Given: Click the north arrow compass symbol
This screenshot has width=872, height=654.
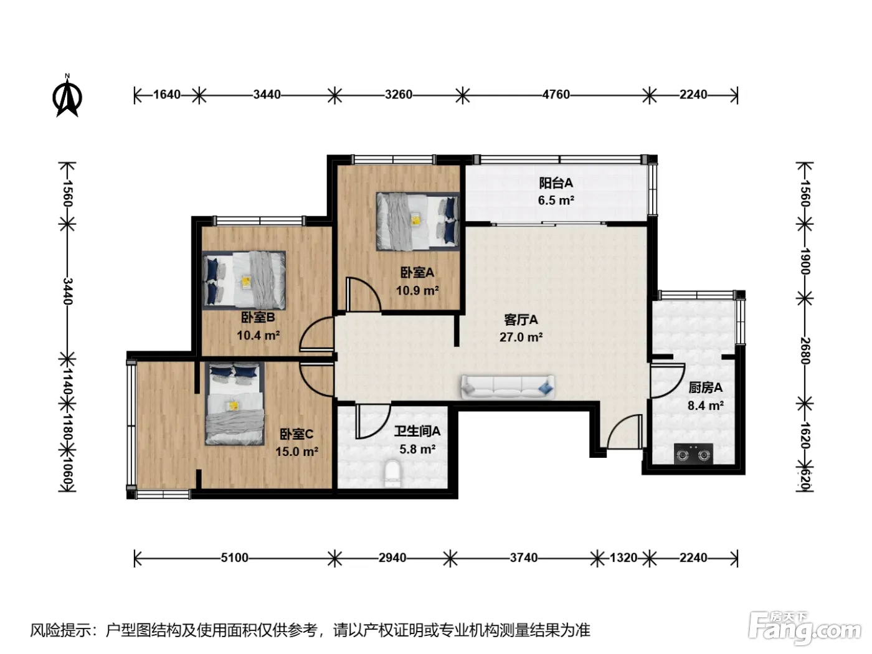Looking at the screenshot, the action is (67, 96).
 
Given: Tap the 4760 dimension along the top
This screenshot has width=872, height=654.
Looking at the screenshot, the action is (556, 95).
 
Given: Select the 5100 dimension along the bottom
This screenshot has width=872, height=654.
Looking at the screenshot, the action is (234, 558).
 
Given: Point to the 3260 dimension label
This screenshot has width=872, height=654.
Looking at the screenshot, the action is (399, 95).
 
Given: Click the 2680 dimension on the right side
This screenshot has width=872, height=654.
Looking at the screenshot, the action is (805, 351).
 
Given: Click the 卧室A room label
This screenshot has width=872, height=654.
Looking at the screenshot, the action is (417, 273).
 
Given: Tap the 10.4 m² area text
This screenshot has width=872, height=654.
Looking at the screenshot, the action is (258, 336).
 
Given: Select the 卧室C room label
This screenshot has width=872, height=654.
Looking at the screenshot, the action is (296, 434).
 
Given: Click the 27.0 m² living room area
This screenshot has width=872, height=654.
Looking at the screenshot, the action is (521, 337).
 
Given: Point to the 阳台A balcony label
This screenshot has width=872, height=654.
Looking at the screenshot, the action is (556, 183).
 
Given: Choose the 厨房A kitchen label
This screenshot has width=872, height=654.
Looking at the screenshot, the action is (706, 387).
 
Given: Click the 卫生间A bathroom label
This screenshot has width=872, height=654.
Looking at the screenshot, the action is (417, 431).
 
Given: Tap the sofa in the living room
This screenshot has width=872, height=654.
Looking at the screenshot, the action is (508, 387).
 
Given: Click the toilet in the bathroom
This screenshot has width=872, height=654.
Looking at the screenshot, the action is (393, 474).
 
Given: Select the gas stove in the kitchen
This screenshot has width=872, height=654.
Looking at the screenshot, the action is (693, 454).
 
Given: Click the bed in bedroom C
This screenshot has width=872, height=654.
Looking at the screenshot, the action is (235, 404).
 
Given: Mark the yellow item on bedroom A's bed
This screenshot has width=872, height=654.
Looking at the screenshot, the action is (416, 219).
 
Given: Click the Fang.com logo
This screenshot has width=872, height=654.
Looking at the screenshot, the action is (804, 628).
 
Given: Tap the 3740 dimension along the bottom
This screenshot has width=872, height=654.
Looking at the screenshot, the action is (524, 558).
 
